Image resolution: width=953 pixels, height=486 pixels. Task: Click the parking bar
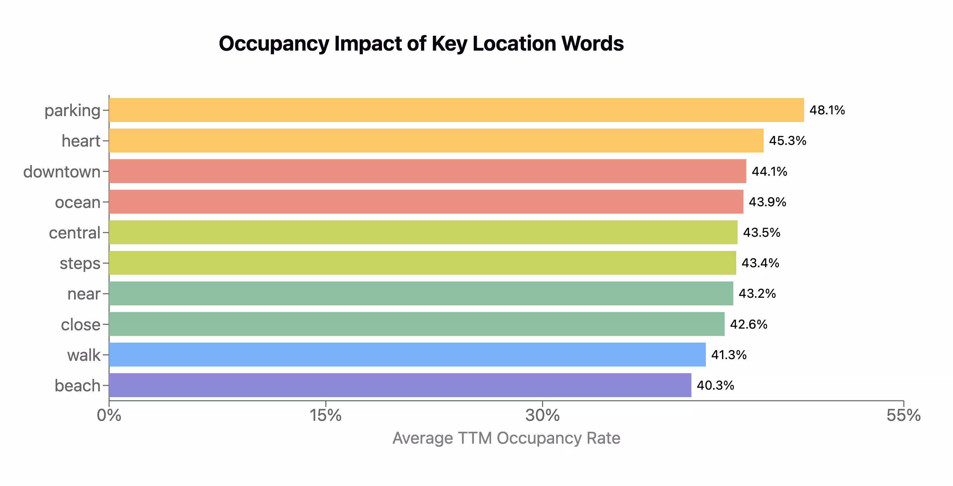coord(456,110)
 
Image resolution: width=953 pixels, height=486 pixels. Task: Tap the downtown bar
coord(427,171)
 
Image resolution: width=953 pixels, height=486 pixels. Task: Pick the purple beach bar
coord(400,385)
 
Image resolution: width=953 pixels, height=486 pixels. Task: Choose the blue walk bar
coord(407,355)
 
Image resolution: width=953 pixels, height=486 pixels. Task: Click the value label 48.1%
coord(827,110)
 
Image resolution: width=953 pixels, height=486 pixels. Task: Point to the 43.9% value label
coord(767,202)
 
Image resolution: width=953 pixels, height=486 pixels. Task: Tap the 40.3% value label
coord(715,385)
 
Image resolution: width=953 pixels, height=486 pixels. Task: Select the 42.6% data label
coord(748,324)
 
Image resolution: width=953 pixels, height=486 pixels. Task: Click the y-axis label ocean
coord(78,202)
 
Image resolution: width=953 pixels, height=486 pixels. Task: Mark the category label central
coord(74,233)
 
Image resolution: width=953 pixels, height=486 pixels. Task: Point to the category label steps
coord(80,263)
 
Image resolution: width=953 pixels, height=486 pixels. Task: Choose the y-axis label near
coord(83,294)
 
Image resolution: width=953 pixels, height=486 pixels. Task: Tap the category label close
coord(81,324)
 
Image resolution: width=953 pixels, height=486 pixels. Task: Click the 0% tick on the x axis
coord(109,415)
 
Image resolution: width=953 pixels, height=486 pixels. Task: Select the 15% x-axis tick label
coord(325,415)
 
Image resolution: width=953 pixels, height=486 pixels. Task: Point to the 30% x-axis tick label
coord(542,415)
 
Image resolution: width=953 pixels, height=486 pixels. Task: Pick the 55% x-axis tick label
coord(903,415)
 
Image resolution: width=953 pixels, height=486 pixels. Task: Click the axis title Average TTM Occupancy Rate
coord(506,438)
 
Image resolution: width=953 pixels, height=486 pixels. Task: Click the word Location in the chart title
coord(514,43)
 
